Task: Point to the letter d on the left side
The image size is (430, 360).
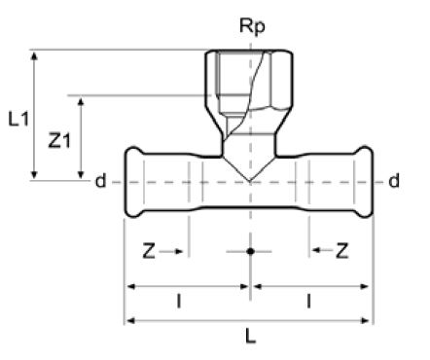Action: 100,181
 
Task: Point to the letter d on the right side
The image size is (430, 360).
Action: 393,181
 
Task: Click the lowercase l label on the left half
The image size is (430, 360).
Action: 178,302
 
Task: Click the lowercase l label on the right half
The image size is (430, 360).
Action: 308,302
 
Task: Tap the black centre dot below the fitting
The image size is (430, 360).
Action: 250,251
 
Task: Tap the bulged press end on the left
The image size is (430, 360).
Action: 136,182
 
